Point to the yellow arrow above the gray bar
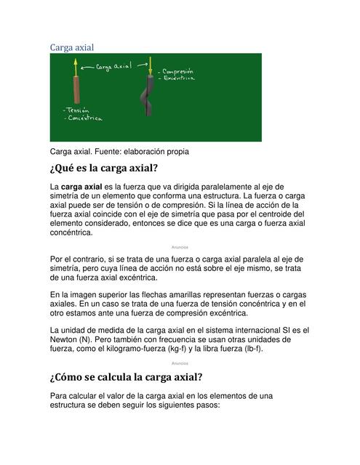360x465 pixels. click(149, 63)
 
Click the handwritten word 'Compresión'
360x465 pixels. click(178, 72)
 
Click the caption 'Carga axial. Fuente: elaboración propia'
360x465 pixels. click(119, 152)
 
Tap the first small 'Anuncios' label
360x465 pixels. click(180, 247)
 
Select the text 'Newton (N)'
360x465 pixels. click(76, 339)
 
